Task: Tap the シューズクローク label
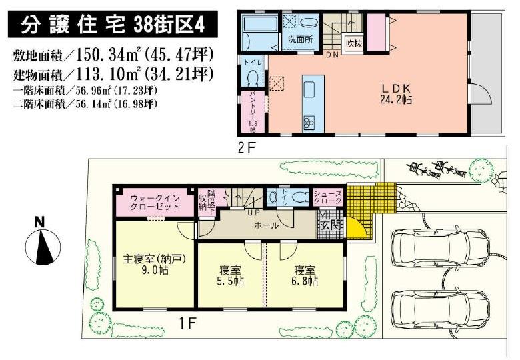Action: pyautogui.click(x=327, y=197)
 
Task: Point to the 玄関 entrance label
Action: pyautogui.click(x=329, y=224)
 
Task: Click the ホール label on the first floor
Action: pyautogui.click(x=267, y=225)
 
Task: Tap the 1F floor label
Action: pyautogui.click(x=189, y=323)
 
